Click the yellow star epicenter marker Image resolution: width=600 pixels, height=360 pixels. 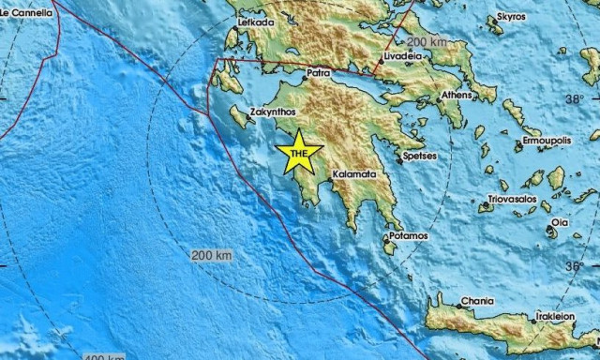pos(299,154)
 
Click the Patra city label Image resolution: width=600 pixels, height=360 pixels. pos(319,70)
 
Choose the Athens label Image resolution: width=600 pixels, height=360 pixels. pos(457,95)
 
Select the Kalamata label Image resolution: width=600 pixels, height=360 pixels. pos(354,174)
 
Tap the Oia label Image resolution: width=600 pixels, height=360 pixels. pos(560,222)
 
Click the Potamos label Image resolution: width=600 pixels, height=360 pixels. pos(409,235)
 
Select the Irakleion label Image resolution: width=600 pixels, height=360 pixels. pos(555,317)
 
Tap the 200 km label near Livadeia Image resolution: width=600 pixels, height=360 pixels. pos(427,42)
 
